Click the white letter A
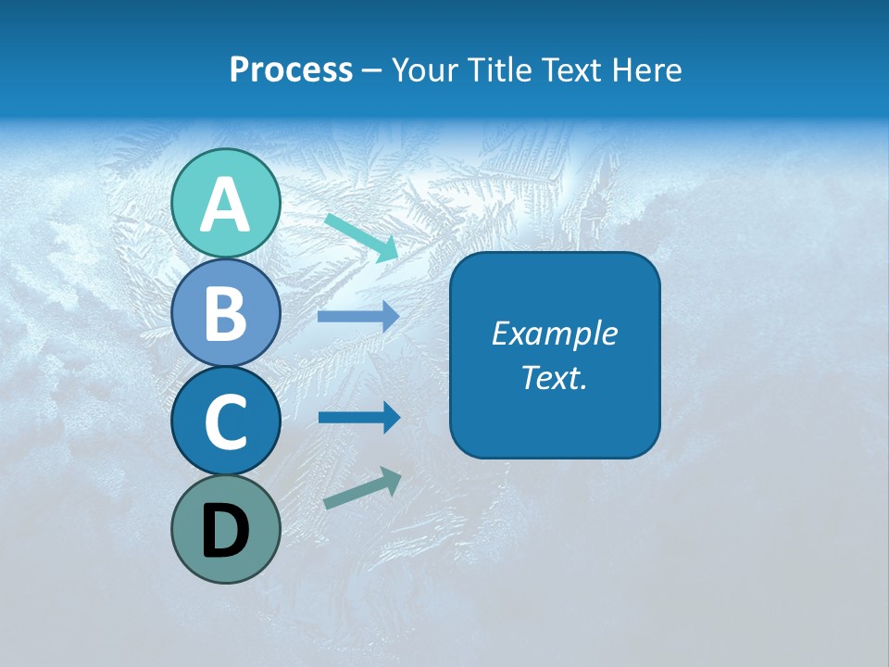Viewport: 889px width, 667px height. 226,206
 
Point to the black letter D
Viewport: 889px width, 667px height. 226,533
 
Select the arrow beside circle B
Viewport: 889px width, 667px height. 358,316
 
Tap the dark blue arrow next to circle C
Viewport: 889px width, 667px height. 358,417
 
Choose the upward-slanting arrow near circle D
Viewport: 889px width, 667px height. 362,488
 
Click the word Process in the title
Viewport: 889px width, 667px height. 291,69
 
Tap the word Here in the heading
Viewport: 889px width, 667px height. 648,69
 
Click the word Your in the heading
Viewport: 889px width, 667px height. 424,69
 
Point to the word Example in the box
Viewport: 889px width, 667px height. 554,333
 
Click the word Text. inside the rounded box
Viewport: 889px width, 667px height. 554,377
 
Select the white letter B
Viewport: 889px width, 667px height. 226,314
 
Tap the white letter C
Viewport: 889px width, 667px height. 226,422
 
